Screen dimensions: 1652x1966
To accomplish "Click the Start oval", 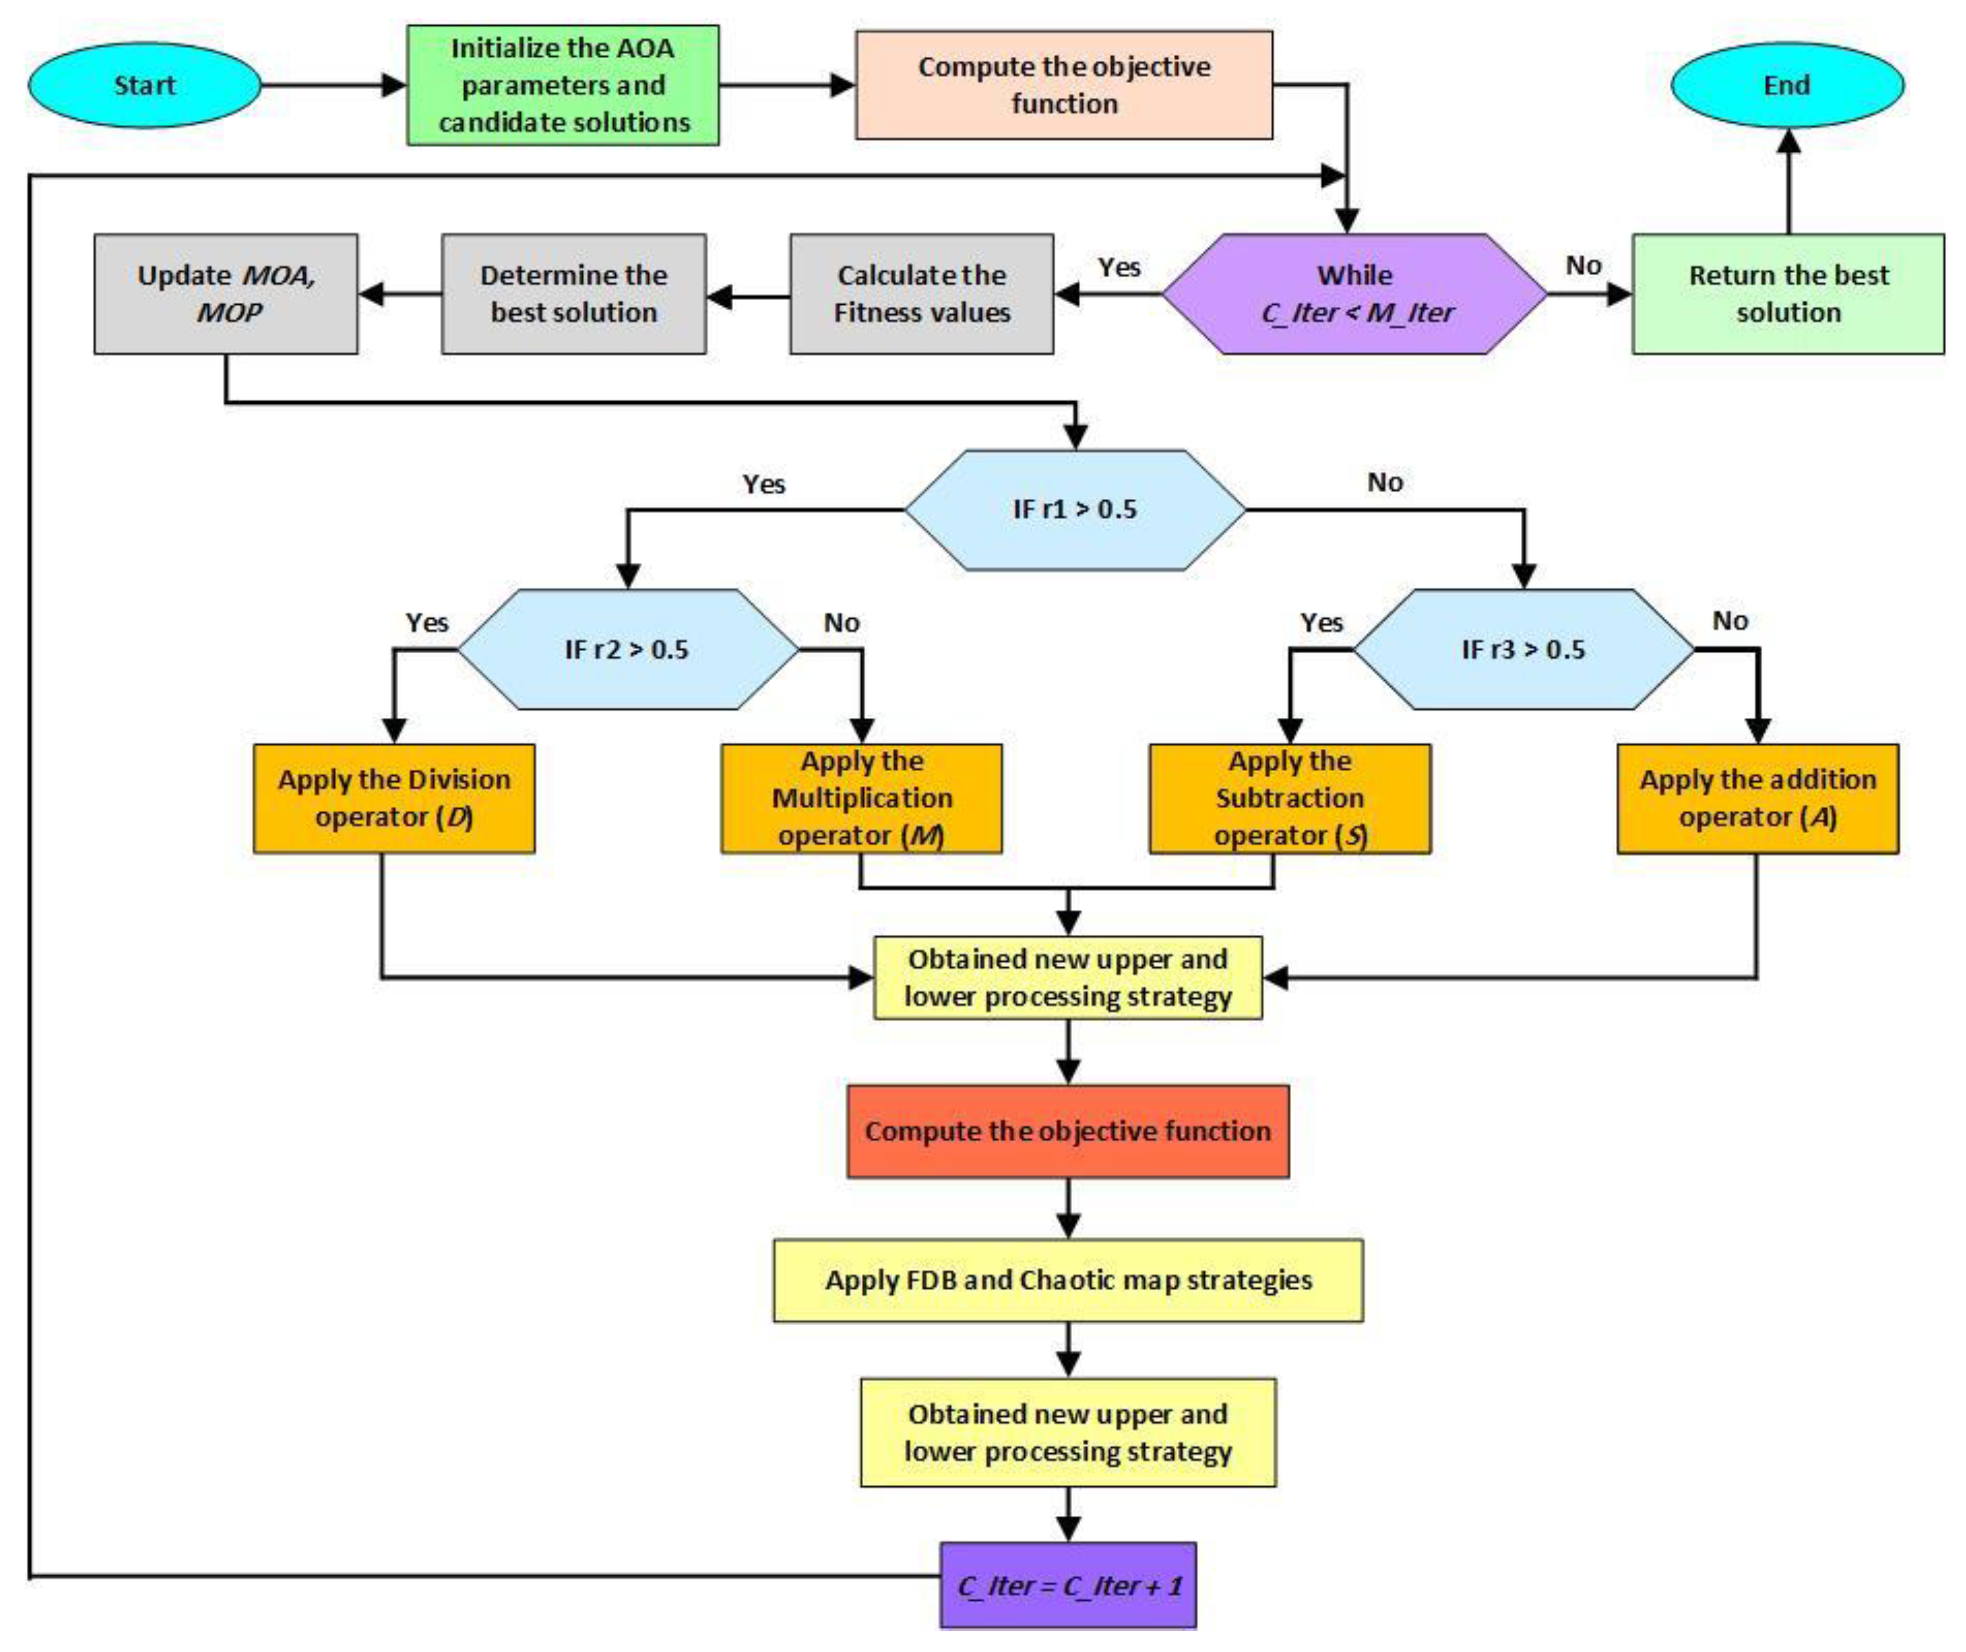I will (x=144, y=85).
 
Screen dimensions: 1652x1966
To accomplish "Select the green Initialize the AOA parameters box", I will (x=563, y=85).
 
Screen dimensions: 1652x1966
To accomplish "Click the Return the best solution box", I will (x=1787, y=293).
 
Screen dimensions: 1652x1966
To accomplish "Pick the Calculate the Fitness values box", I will (x=922, y=293).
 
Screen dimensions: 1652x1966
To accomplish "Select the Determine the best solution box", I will (x=573, y=293).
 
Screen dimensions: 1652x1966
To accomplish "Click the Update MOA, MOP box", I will (x=226, y=293).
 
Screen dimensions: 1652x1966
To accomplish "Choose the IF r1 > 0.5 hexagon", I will (x=1074, y=509).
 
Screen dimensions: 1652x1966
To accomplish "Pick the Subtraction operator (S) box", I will (x=1290, y=798).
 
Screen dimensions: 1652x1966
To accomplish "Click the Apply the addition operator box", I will (x=1757, y=798).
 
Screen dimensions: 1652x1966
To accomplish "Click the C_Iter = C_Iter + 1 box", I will (x=1068, y=1585).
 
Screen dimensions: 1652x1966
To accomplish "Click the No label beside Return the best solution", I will (x=1583, y=266).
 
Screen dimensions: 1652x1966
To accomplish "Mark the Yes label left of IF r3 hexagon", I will (x=1321, y=623).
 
